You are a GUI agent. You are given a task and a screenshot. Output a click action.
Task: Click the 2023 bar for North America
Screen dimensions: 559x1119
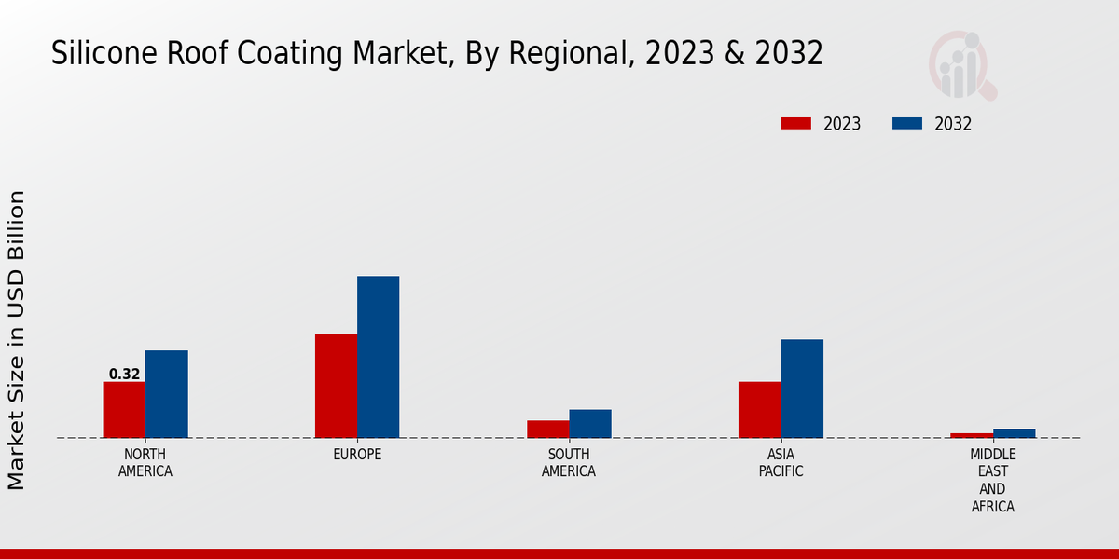124,410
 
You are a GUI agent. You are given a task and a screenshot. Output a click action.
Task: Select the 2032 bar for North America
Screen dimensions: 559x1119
166,394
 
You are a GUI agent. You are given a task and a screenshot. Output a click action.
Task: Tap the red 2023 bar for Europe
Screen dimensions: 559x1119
336,386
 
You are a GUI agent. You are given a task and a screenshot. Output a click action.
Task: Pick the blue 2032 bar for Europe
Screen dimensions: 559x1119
378,357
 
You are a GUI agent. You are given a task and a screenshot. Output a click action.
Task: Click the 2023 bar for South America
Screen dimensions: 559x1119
547,429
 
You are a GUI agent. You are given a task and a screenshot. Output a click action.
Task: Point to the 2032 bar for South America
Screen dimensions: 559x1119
590,424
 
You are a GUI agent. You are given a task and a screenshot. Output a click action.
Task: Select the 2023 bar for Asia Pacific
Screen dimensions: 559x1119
759,410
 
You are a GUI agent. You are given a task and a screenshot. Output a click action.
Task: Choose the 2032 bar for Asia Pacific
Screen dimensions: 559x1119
802,389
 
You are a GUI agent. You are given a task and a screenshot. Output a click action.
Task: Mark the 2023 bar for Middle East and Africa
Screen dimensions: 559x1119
972,435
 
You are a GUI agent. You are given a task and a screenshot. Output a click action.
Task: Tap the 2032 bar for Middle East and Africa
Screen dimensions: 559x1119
1014,433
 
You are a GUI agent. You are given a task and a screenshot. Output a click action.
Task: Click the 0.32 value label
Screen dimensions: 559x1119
124,375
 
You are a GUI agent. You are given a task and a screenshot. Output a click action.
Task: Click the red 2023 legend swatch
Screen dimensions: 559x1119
796,124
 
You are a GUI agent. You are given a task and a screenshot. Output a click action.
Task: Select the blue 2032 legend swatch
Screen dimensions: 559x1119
907,124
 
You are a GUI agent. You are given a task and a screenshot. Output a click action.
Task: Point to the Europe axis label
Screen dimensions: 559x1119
357,455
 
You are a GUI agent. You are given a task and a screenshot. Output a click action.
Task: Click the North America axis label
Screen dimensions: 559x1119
145,463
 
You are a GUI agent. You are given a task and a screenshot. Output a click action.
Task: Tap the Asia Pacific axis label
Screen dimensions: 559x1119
781,463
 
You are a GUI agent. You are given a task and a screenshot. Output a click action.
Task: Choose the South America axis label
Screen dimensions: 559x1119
569,463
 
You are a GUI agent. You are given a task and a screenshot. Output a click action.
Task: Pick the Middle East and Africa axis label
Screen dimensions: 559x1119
992,481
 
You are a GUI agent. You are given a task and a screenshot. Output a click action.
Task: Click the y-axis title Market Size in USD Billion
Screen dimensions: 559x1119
17,340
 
